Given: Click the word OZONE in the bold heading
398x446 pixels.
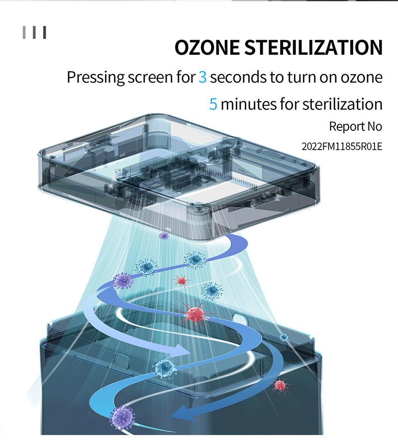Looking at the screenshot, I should pos(206,48).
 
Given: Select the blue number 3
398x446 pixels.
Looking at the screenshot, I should pos(202,78).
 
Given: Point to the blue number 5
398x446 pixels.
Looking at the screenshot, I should pos(213,104).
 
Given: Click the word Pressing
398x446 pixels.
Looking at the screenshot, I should pos(95,78).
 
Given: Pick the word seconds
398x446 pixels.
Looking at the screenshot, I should pos(236,78).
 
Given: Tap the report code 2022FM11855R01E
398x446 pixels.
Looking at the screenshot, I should pos(342,147).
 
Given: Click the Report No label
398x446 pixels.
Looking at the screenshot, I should pos(355,126).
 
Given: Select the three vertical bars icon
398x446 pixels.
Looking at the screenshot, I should pos(34,33).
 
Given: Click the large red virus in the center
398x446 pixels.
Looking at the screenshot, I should pos(195,313).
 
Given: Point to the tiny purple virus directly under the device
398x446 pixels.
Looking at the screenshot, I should pos(164,236).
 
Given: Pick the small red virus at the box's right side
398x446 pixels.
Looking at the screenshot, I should pos(280,384).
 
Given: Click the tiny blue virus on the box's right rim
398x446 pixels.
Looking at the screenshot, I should pos(284,338).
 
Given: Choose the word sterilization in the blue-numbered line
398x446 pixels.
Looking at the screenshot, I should pos(342,104).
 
